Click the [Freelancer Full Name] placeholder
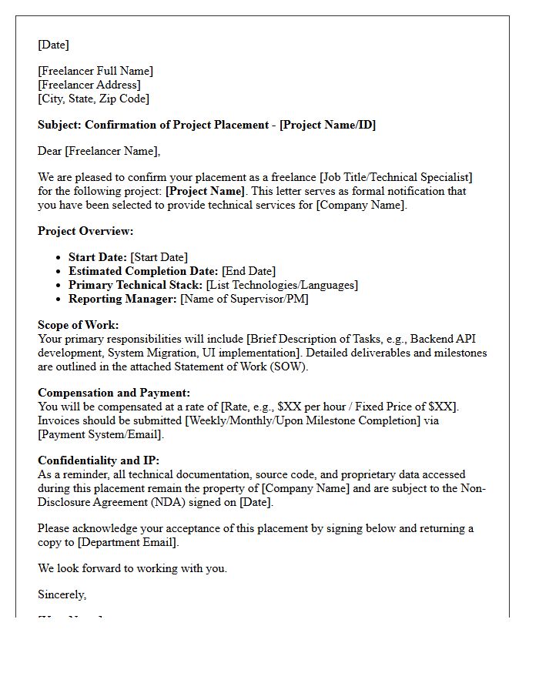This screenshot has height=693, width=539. tap(95, 71)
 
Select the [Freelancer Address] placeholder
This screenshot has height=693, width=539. tap(89, 85)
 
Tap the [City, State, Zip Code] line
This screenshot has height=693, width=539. tap(93, 99)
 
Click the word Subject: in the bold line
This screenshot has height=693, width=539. tap(59, 125)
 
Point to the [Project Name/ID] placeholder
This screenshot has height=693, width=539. tap(327, 125)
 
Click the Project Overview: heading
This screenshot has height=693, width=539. tap(85, 231)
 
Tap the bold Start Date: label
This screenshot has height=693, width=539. tap(98, 257)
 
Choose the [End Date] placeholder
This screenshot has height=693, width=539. tap(249, 271)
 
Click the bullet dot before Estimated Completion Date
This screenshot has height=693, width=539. tap(60, 272)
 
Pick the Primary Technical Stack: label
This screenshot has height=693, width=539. tap(136, 285)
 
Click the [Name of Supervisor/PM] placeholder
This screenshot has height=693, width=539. tap(244, 299)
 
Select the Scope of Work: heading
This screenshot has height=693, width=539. tap(78, 325)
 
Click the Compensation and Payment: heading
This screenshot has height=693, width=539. tap(114, 393)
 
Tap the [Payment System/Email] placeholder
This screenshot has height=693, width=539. tap(101, 434)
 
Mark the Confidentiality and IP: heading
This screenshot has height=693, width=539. tap(99, 460)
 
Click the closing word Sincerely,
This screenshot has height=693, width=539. tap(62, 594)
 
